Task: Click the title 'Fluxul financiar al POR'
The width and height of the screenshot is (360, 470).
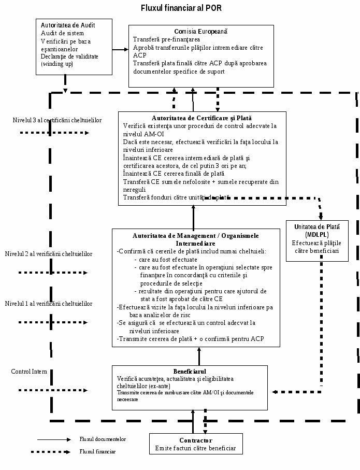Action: pyautogui.click(x=181, y=8)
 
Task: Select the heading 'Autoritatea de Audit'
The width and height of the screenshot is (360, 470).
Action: pyautogui.click(x=68, y=25)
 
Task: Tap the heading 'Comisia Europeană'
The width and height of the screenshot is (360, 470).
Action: pyautogui.click(x=201, y=31)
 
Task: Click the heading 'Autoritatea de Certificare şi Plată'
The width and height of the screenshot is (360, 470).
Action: pyautogui.click(x=201, y=118)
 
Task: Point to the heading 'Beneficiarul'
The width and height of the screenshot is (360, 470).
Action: pyautogui.click(x=190, y=372)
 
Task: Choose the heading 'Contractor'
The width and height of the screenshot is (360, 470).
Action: pyautogui.click(x=196, y=440)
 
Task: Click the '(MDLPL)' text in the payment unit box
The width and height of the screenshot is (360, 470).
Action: pyautogui.click(x=317, y=234)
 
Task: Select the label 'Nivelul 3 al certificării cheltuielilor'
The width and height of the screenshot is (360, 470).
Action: pyautogui.click(x=57, y=120)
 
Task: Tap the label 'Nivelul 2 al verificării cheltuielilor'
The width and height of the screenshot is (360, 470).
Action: pyautogui.click(x=49, y=254)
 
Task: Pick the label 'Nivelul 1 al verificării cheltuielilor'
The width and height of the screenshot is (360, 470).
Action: pyautogui.click(x=49, y=304)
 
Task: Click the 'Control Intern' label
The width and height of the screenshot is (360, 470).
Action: pyautogui.click(x=29, y=372)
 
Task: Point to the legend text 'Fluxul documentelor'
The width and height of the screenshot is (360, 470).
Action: pyautogui.click(x=103, y=439)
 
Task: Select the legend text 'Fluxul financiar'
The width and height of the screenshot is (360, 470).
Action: pyautogui.click(x=97, y=451)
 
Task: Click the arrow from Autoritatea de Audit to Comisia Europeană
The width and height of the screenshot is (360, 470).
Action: pyautogui.click(x=121, y=49)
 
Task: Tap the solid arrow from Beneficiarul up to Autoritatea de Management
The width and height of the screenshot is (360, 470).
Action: pyautogui.click(x=199, y=356)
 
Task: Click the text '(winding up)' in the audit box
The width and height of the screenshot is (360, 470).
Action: pyautogui.click(x=57, y=64)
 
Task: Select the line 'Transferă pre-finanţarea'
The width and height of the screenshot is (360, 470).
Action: pyautogui.click(x=166, y=39)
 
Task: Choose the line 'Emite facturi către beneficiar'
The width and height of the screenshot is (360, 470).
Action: pyautogui.click(x=195, y=448)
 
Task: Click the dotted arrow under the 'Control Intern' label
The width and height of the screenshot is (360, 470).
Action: pyautogui.click(x=53, y=390)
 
